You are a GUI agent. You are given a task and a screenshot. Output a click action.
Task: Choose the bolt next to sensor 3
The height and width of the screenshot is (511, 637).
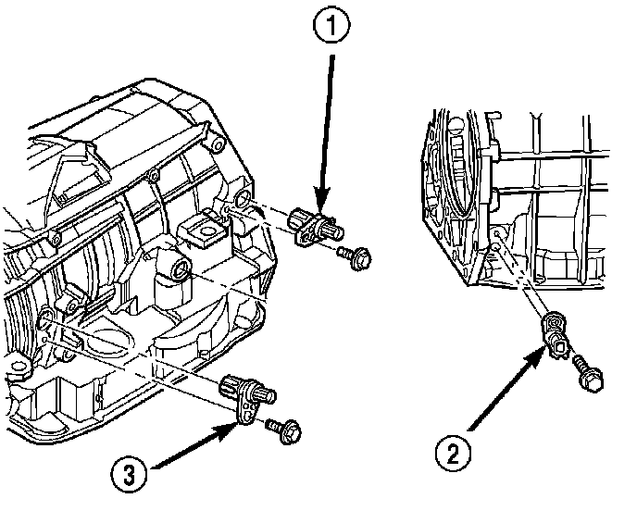[x=281, y=428]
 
